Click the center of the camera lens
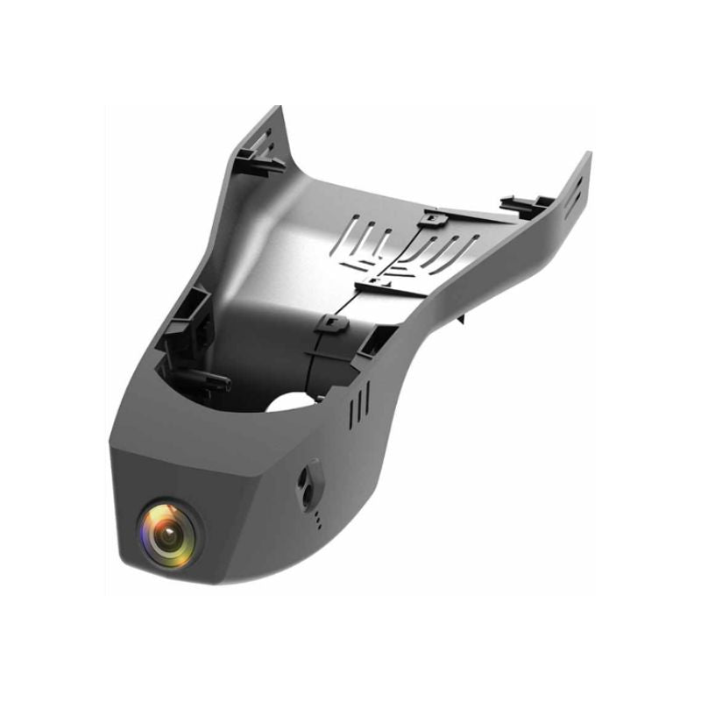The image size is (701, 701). click(x=168, y=532)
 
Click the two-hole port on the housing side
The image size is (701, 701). click(x=307, y=478)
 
